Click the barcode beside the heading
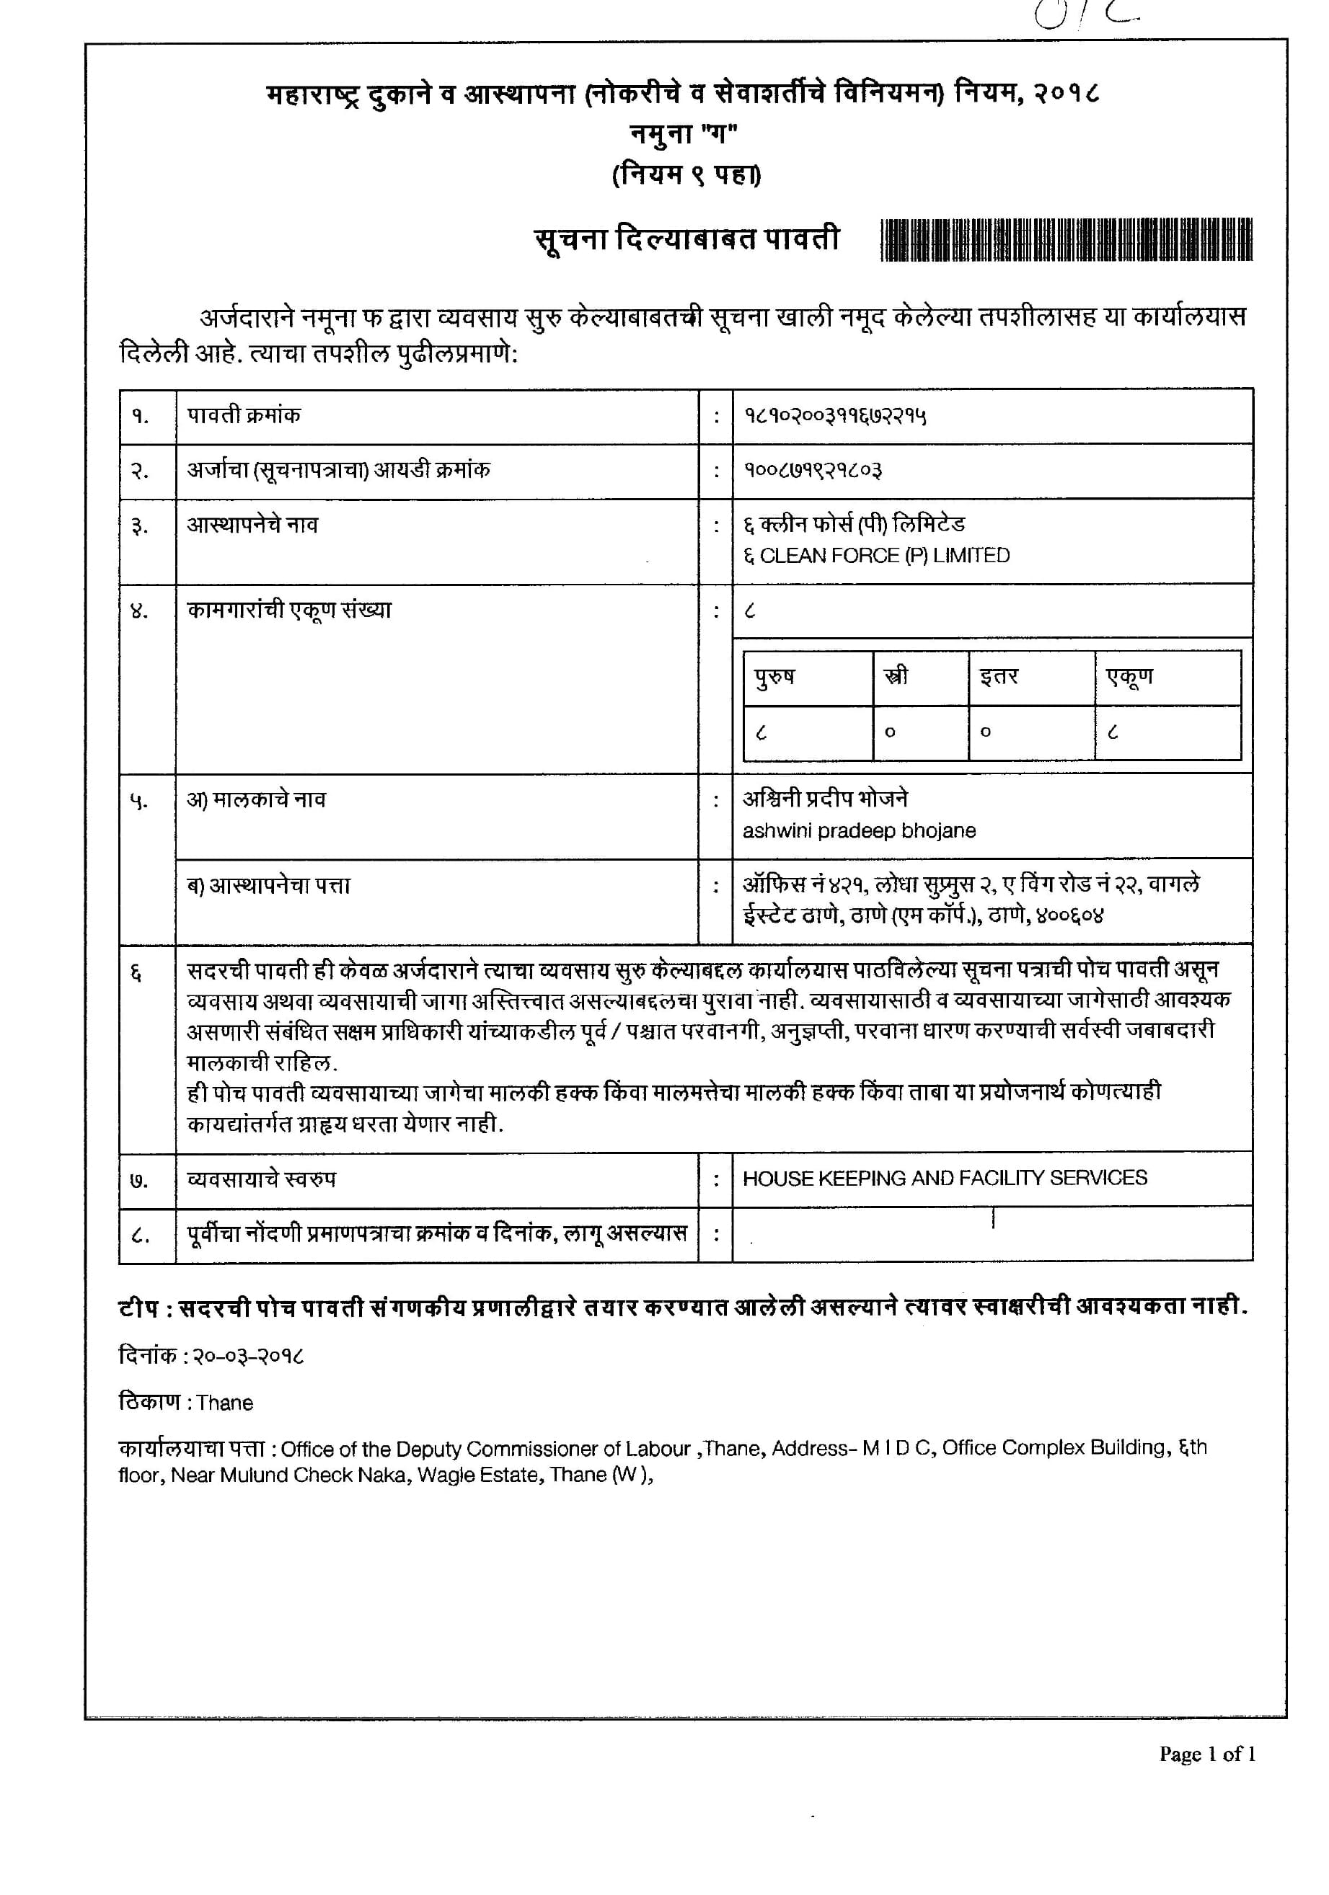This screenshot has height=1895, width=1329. (1066, 240)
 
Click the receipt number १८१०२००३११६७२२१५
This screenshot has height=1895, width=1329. (834, 416)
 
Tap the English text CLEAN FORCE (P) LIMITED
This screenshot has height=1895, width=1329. (884, 556)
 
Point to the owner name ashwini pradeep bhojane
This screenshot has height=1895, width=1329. (859, 831)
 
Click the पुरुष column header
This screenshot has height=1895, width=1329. (774, 677)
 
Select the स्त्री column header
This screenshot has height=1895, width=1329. (896, 677)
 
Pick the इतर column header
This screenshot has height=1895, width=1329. (999, 677)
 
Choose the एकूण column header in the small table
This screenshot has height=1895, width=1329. (1129, 677)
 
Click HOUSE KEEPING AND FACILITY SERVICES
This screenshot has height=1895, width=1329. (945, 1178)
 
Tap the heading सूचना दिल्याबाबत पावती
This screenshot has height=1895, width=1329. (686, 239)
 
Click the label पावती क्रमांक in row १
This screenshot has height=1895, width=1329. (244, 415)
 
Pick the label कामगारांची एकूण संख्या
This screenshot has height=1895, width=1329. (289, 610)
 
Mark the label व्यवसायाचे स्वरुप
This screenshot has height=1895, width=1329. (262, 1179)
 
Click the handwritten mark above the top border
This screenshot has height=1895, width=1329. (1085, 14)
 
